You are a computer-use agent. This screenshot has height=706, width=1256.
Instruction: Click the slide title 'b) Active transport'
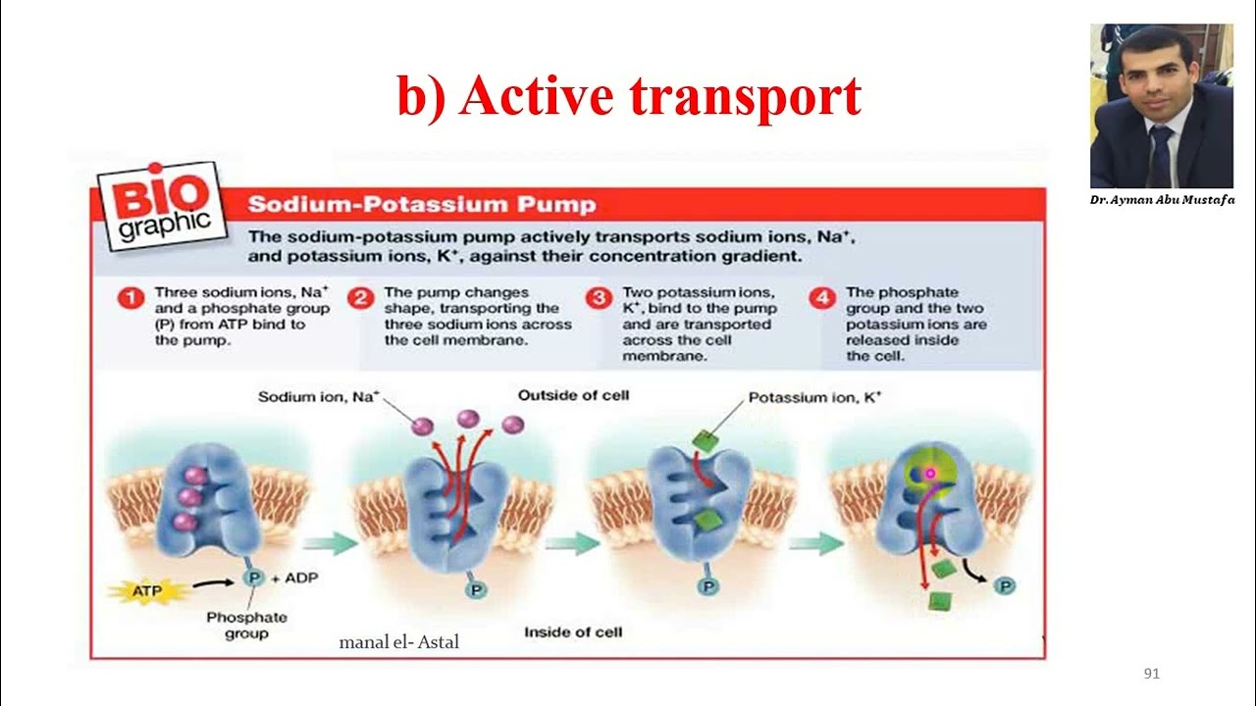click(629, 96)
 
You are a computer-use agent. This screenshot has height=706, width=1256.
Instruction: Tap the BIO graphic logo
click(162, 206)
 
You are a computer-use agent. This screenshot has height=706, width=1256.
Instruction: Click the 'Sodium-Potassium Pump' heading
click(421, 205)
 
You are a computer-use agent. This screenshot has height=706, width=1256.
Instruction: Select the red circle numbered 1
click(131, 298)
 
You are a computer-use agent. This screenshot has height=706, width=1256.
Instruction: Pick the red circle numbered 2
click(361, 298)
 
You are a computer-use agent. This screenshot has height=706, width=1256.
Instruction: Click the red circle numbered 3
click(598, 298)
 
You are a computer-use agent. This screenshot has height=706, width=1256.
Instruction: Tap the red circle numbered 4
click(822, 298)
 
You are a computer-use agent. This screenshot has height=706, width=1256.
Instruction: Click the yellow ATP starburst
click(145, 590)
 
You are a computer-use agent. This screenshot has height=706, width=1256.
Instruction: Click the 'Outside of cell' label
click(573, 395)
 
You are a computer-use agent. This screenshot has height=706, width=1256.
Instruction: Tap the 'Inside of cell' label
click(572, 632)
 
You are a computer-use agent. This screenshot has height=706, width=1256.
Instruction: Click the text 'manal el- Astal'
click(398, 643)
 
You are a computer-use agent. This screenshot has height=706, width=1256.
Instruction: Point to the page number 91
click(1152, 674)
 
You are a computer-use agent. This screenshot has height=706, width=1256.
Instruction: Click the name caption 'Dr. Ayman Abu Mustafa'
click(1162, 200)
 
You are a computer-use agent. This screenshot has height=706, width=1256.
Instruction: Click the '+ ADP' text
click(294, 579)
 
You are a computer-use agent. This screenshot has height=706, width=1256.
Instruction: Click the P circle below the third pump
click(706, 586)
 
